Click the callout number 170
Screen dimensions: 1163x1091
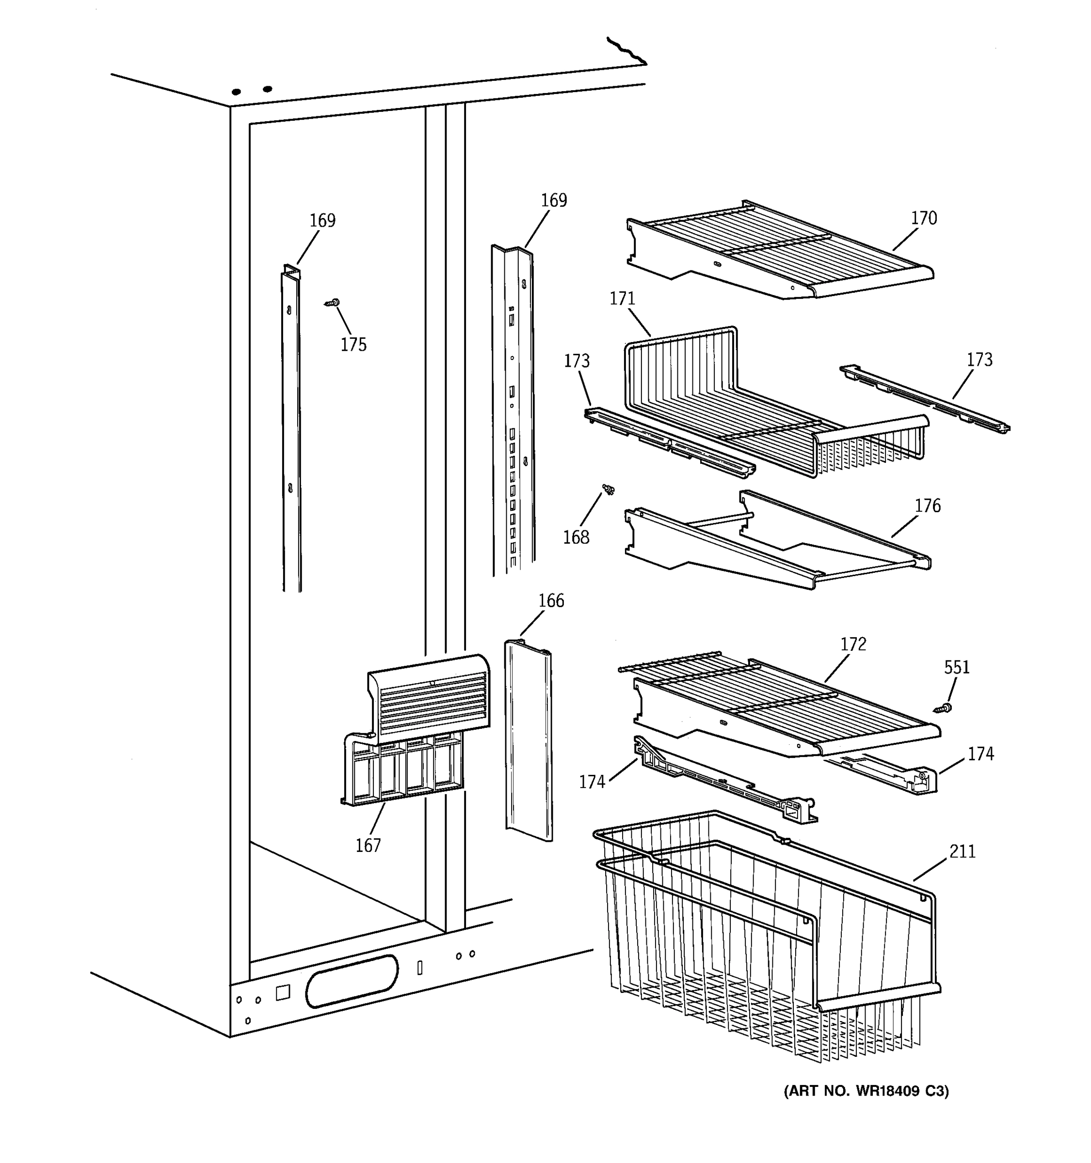click(x=923, y=218)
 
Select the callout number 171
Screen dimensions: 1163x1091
click(x=622, y=299)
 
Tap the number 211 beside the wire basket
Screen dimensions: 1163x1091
click(x=962, y=851)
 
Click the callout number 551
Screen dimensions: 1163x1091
click(x=956, y=667)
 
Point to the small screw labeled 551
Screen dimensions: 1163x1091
click(x=942, y=708)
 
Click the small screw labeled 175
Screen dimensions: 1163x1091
click(x=333, y=303)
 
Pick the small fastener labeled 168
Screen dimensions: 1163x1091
click(x=609, y=489)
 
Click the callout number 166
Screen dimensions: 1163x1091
click(x=551, y=601)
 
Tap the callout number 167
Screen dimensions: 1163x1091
click(x=368, y=845)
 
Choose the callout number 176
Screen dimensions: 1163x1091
click(x=927, y=505)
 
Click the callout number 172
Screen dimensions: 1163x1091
click(x=853, y=644)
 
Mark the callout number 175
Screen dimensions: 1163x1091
click(x=353, y=345)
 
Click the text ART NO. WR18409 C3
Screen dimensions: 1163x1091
click(x=866, y=1090)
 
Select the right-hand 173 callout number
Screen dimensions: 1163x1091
click(x=979, y=359)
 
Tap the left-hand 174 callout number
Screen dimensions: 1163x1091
click(x=591, y=782)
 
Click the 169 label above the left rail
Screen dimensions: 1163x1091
click(x=322, y=220)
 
